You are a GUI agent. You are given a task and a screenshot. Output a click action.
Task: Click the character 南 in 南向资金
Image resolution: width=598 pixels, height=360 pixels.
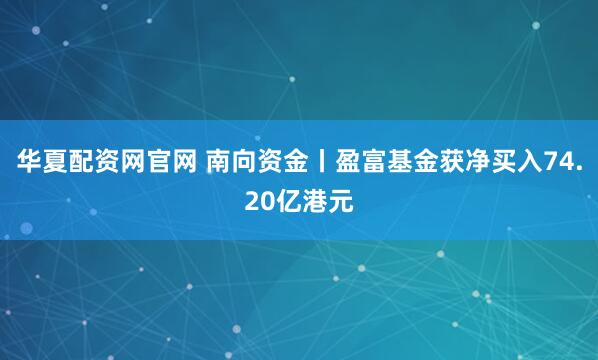click(x=221, y=164)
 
